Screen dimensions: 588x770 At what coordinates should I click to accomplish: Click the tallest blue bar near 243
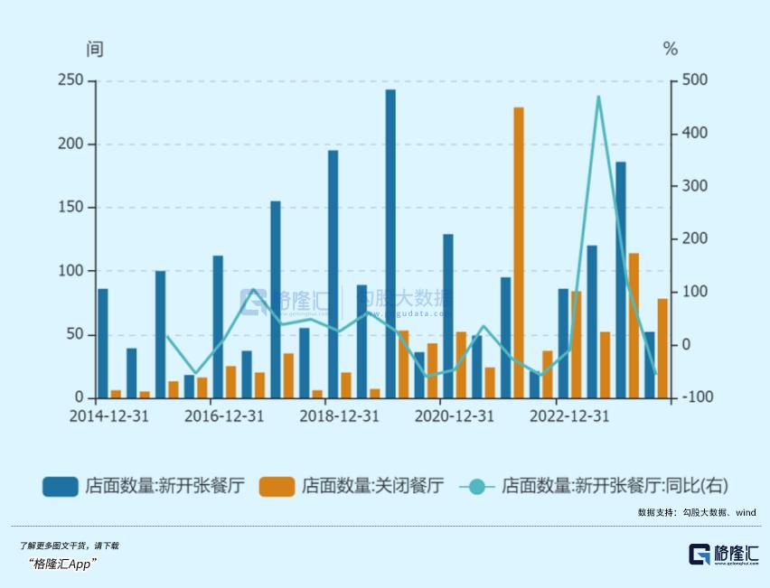coord(390,244)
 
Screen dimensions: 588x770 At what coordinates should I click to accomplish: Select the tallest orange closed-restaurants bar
coord(519,253)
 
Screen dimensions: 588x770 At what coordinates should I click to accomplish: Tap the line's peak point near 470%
coord(598,97)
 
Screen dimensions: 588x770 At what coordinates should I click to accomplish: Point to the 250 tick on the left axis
coord(70,81)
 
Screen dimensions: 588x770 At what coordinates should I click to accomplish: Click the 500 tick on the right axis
coord(695,81)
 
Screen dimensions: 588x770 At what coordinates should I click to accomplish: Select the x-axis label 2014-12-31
coord(109,416)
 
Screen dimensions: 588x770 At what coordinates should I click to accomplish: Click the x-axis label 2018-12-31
coord(339,416)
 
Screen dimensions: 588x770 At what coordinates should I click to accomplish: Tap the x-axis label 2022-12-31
coord(569,416)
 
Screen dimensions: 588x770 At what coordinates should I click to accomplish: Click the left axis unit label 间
coord(95,49)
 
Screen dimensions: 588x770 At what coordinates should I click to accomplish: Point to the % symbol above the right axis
coord(671,49)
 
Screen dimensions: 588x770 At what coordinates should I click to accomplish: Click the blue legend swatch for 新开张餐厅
coord(60,486)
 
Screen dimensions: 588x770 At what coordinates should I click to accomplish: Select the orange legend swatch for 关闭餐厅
coord(277,486)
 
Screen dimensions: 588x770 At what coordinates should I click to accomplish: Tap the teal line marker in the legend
coord(477,486)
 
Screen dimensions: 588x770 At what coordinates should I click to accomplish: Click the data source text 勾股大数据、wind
coord(718,512)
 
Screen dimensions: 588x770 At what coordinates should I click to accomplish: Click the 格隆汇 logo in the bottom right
coord(723,555)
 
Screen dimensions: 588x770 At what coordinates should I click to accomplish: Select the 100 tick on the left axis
coord(70,271)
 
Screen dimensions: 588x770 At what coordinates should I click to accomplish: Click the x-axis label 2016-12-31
coord(224,416)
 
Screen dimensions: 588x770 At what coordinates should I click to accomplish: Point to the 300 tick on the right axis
coord(695,186)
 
